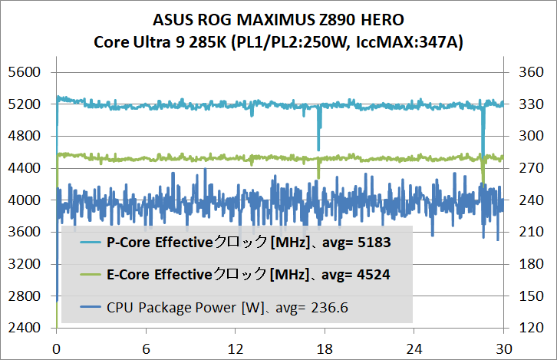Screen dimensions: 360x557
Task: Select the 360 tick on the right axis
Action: [x=531, y=72]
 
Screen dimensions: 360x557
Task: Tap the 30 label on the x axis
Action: [x=503, y=347]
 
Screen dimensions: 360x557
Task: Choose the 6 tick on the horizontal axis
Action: [x=146, y=347]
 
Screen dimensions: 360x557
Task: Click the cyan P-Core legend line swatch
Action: [x=91, y=243]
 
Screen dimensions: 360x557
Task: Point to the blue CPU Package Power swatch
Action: [x=91, y=308]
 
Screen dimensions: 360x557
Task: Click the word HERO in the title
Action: [x=380, y=21]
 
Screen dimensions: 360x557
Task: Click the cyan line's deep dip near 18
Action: [x=318, y=147]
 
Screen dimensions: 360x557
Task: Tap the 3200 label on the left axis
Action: [x=26, y=264]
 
